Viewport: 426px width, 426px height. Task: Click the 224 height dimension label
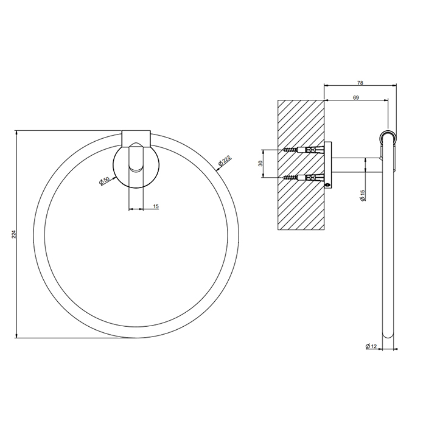(x=13, y=235)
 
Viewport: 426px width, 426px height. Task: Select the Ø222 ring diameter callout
(x=225, y=161)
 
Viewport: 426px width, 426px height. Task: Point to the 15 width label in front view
(x=156, y=207)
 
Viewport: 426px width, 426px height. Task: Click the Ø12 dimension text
(x=372, y=346)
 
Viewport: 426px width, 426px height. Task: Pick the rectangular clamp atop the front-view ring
(x=136, y=138)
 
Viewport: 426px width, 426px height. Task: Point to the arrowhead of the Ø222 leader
(x=217, y=170)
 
